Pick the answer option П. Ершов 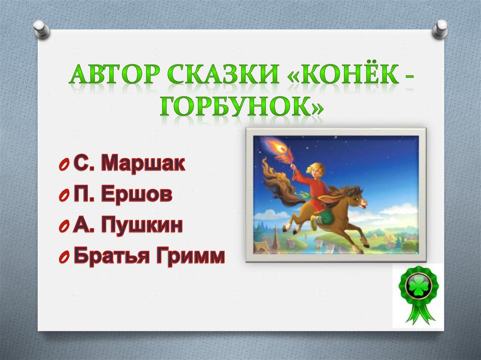[x=123, y=194]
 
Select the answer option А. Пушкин [x=128, y=225]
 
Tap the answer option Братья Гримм [x=149, y=256]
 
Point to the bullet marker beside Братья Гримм [x=63, y=258]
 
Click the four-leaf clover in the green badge [x=419, y=287]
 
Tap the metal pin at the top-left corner [x=41, y=29]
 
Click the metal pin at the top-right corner [x=440, y=29]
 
